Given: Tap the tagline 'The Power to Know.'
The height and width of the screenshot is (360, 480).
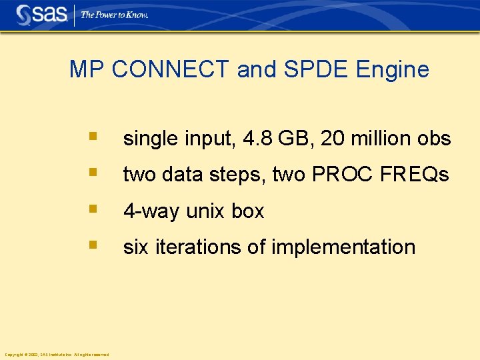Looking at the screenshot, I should [x=114, y=14].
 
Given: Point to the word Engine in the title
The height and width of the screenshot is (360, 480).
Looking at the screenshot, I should [x=393, y=69].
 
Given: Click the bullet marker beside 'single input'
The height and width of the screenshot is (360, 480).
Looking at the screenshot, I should [x=93, y=137].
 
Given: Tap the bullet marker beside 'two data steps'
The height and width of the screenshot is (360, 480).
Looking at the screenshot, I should [x=93, y=173].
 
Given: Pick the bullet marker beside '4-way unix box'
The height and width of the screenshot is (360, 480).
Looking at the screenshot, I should [x=93, y=210].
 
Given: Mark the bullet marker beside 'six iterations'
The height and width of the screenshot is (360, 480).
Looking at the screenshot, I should [x=93, y=245].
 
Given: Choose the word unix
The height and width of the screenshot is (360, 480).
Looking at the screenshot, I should [x=206, y=211].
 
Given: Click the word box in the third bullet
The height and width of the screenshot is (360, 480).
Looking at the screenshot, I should [x=247, y=211].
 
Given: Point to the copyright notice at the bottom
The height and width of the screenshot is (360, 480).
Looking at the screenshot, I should [x=57, y=354].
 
